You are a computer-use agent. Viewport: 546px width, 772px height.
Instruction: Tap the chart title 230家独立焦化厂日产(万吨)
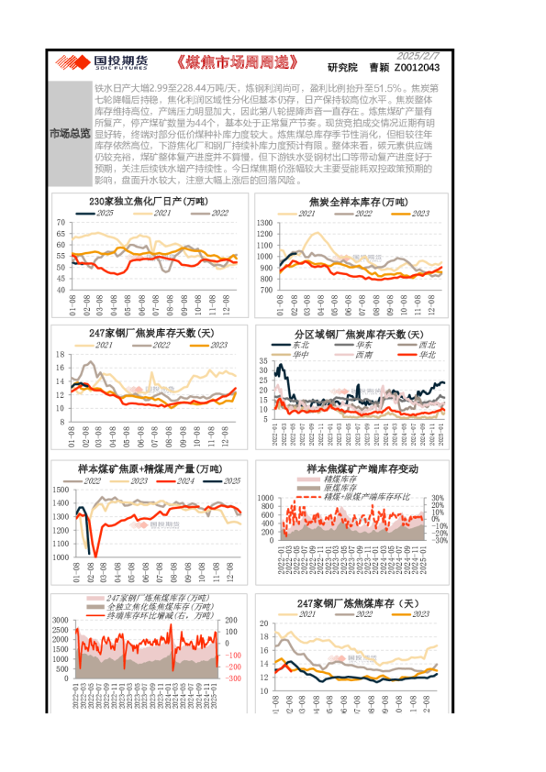coord(148,201)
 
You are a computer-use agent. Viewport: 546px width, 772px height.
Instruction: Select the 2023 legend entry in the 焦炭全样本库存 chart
coord(415,212)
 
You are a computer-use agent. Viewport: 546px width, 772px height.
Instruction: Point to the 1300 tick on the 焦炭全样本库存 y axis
coord(263,223)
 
